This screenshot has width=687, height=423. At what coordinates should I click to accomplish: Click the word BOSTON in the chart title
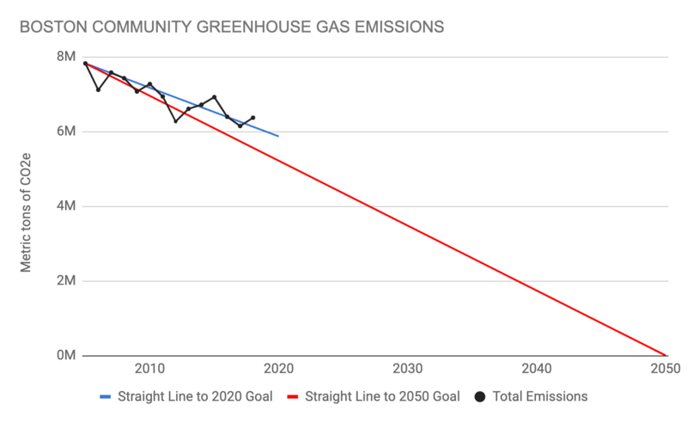[x=52, y=27]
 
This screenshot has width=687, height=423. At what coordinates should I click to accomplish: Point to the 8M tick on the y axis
[x=67, y=57]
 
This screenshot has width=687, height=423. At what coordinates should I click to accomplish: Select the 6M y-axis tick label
[x=67, y=132]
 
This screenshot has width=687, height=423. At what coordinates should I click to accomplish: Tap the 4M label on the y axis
[x=67, y=206]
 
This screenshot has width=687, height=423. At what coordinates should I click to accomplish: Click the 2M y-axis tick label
[x=67, y=281]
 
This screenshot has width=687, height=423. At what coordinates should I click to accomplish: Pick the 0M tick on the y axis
[x=67, y=355]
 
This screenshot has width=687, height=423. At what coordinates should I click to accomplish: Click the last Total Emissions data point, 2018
[x=252, y=118]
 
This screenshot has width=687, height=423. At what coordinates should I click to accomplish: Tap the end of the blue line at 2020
[x=278, y=136]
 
